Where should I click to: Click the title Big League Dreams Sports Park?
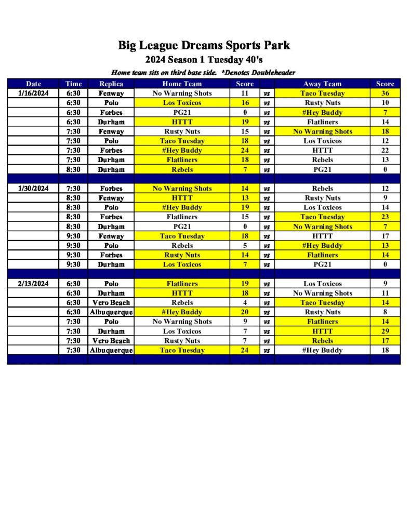(204, 46)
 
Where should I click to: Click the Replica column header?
(111, 84)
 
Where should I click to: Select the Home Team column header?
(182, 84)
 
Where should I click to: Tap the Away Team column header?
(322, 84)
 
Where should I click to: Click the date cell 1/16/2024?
(33, 94)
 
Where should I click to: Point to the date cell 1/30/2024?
(33, 189)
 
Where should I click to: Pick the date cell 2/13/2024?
(33, 284)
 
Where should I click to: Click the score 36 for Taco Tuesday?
(385, 94)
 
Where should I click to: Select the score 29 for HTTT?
(385, 331)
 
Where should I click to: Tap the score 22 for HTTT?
(385, 150)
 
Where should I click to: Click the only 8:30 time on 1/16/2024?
(73, 169)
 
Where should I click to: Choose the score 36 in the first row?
(385, 94)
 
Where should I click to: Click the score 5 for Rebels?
(245, 245)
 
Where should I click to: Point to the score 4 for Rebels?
(245, 302)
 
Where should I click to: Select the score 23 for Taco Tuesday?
(385, 217)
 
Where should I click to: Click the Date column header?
(33, 84)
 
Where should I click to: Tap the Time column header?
(73, 84)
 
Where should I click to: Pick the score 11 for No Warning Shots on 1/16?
(245, 94)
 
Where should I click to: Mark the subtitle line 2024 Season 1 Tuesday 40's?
(204, 60)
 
